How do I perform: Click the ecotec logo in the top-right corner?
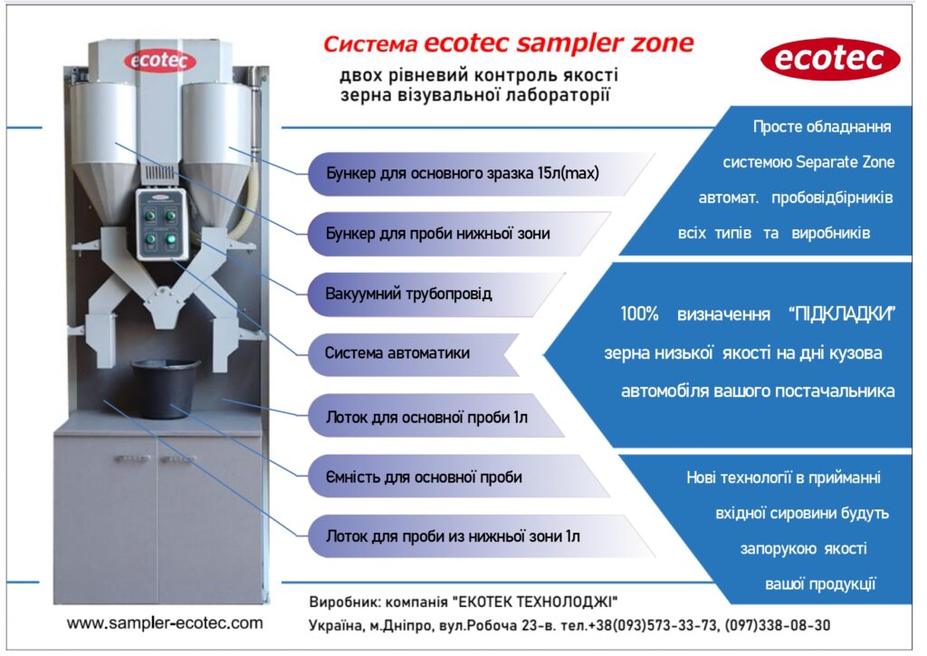[x=830, y=59]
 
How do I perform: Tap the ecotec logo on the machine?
[x=159, y=61]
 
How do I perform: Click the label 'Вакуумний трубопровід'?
[x=408, y=294]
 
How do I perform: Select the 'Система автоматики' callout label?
[x=397, y=353]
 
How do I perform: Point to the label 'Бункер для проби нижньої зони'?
[x=438, y=234]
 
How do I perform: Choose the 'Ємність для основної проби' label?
[x=424, y=477]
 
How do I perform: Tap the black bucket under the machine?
[x=165, y=389]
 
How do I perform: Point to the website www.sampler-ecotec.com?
[x=165, y=622]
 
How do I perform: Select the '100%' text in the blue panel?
[x=639, y=314]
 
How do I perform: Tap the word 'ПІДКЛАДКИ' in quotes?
[x=843, y=314]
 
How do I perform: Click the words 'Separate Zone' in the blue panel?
[x=846, y=162]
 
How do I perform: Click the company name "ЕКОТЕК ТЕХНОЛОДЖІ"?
[x=535, y=603]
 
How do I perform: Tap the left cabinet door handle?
[x=132, y=458]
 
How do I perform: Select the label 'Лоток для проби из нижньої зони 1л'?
[x=453, y=536]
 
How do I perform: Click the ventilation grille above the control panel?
[x=161, y=174]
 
